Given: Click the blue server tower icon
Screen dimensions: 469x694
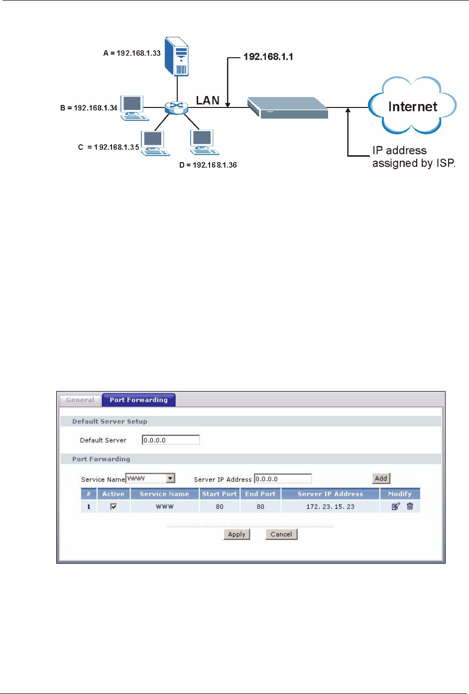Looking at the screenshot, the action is point(177,56).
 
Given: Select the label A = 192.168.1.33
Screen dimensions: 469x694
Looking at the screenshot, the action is point(132,53).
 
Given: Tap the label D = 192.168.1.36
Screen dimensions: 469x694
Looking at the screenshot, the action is point(208,165).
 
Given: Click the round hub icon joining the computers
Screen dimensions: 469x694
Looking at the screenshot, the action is point(176,106).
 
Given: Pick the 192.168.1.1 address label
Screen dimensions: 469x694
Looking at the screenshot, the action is point(268,57).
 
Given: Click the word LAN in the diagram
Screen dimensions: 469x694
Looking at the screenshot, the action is point(208,100).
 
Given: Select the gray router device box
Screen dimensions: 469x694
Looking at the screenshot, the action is point(288,107).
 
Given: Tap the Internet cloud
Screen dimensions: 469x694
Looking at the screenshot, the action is point(412,106).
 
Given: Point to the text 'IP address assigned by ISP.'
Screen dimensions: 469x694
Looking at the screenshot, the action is point(413,157).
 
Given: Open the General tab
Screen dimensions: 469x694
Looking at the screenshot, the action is point(80,400).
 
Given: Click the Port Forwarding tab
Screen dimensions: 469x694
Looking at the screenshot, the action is point(139,400).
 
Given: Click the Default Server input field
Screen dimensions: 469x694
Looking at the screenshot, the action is point(171,440).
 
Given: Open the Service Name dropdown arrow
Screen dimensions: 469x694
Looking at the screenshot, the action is point(171,479).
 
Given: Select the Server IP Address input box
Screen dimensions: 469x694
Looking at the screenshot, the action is point(283,479).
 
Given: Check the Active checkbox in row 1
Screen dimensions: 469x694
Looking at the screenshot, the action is point(114,506).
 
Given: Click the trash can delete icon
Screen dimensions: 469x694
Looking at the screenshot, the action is point(410,506).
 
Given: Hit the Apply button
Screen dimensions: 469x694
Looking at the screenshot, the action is point(237,534).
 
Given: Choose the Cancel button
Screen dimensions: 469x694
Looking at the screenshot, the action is point(281,534).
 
